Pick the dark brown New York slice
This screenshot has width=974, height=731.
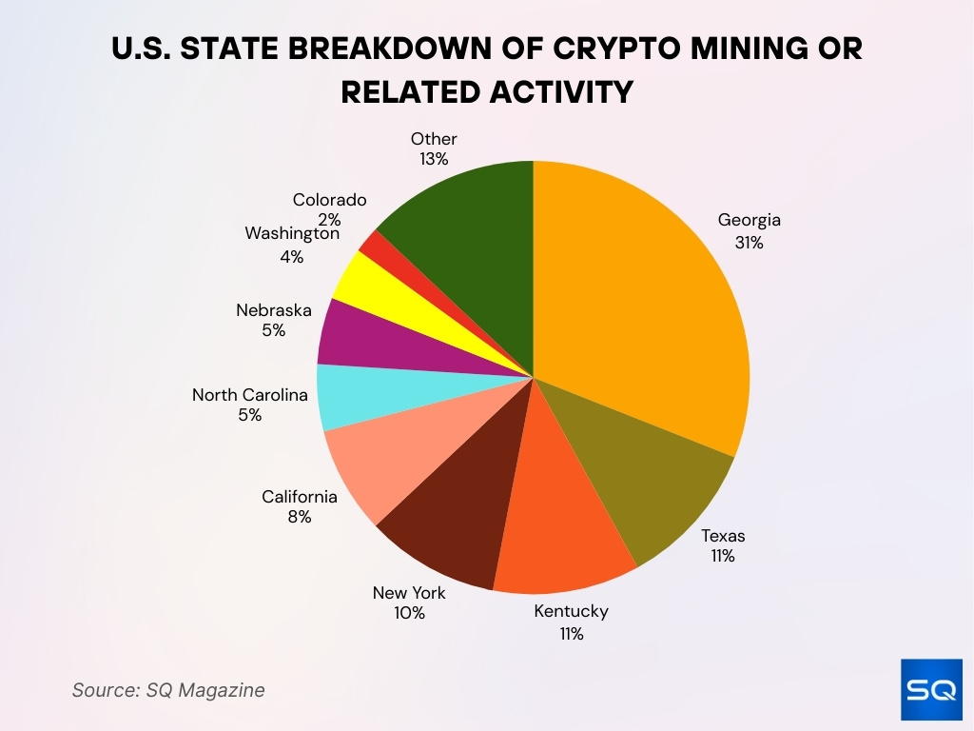tap(457, 514)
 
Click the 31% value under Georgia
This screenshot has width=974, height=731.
tap(749, 242)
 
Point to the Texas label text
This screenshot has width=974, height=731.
tap(723, 535)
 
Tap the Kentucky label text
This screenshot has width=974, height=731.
tap(571, 611)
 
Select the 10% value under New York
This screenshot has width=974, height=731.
tap(409, 614)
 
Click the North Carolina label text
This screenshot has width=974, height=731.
tap(250, 394)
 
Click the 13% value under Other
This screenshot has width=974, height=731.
tap(434, 159)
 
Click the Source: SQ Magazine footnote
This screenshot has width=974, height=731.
tap(168, 690)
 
